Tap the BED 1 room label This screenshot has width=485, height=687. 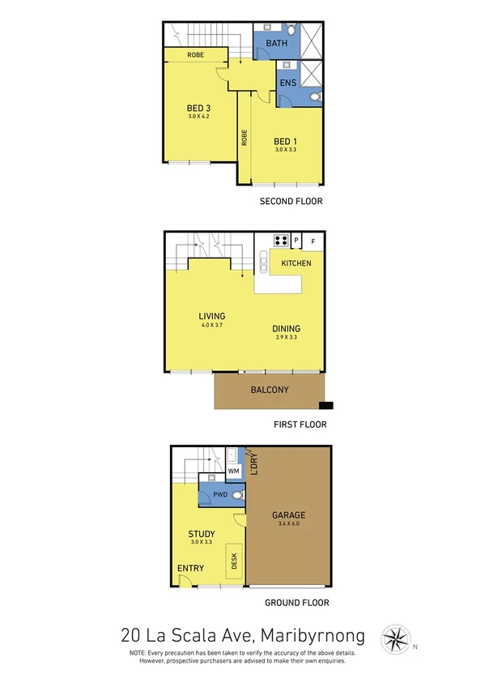(287, 142)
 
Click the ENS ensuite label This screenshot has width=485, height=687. (287, 83)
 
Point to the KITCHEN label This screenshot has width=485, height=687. (296, 264)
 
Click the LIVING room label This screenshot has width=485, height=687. (211, 316)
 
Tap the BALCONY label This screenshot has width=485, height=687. (269, 390)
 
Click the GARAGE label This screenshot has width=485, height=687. (289, 515)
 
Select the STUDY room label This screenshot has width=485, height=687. (201, 533)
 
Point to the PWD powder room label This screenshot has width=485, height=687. (219, 495)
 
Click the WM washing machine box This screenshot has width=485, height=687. (233, 471)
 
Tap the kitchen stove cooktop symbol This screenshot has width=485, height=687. (282, 240)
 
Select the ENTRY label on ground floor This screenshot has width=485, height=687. (190, 569)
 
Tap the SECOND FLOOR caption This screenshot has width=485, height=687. (291, 201)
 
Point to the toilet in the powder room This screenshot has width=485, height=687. (237, 494)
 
